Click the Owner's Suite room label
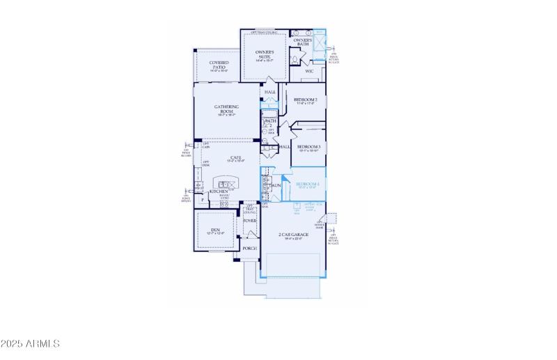(264, 53)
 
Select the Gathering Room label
(226, 108)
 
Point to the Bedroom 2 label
(306, 100)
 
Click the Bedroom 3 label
(308, 147)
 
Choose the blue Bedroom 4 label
(307, 184)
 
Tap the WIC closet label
(309, 71)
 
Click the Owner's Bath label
(302, 40)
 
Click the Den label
(214, 230)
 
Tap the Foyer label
(249, 221)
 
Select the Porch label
(249, 248)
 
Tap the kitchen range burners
(224, 203)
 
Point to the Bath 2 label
(269, 122)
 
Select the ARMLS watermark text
(31, 343)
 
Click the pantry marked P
(202, 201)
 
